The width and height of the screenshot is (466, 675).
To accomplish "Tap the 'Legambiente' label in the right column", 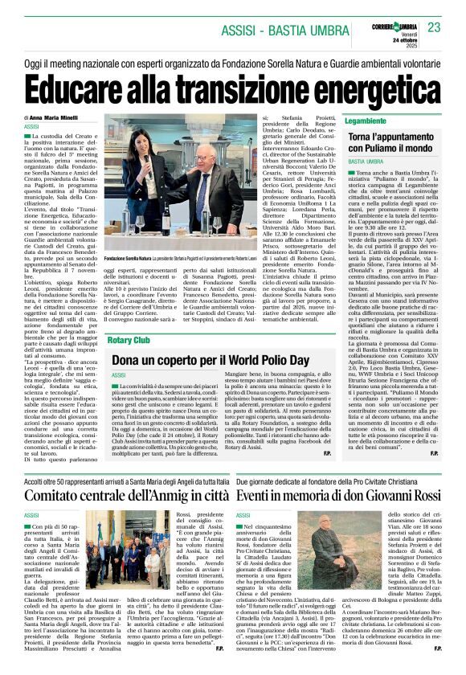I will (364, 121).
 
